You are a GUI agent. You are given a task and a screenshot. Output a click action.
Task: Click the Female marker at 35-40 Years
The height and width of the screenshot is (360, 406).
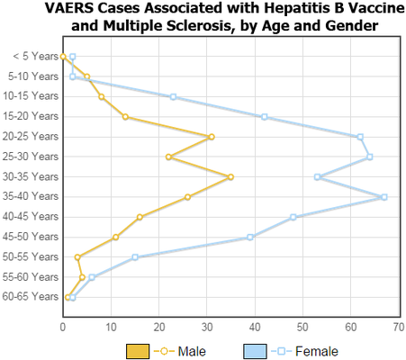tap(384, 197)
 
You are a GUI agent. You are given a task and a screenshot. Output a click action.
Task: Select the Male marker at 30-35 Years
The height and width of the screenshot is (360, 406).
tap(230, 177)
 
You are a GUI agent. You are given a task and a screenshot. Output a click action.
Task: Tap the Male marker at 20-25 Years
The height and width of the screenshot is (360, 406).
tap(212, 137)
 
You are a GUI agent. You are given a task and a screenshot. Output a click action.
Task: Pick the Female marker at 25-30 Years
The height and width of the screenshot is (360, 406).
tap(370, 157)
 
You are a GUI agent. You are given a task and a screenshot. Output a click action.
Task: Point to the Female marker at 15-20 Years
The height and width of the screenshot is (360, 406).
tap(265, 117)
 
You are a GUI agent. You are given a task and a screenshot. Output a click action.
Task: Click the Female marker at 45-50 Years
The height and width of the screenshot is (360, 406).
tap(250, 238)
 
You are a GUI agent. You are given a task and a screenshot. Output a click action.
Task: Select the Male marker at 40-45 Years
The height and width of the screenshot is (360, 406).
tap(140, 217)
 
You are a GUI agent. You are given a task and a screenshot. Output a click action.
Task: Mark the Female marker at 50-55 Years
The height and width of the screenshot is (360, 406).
tap(135, 257)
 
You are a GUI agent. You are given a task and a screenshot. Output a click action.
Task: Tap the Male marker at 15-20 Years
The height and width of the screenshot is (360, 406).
tap(125, 117)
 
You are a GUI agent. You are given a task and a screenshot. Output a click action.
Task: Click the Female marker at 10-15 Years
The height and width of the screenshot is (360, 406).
tap(173, 97)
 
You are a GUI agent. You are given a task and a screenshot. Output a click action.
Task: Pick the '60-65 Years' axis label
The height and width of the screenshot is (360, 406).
tap(31, 297)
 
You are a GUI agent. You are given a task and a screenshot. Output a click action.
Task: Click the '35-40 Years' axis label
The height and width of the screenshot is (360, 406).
tap(31, 197)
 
